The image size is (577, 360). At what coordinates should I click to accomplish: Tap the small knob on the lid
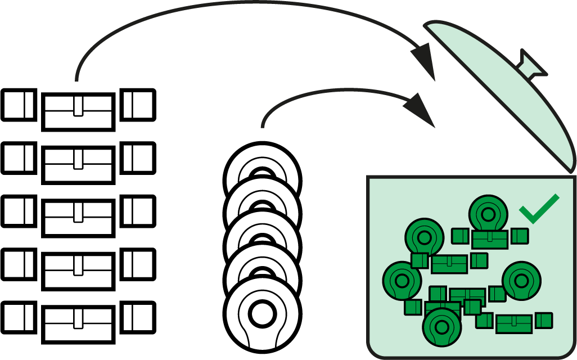pyautogui.click(x=531, y=64)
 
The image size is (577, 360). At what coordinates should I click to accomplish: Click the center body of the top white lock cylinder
pyautogui.click(x=79, y=110)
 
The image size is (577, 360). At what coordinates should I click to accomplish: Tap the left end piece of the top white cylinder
pyautogui.click(x=19, y=105)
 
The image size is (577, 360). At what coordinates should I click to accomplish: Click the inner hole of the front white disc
pyautogui.click(x=261, y=316)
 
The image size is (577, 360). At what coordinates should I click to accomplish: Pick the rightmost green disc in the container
pyautogui.click(x=521, y=280)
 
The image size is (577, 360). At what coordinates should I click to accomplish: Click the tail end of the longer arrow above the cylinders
pyautogui.click(x=77, y=79)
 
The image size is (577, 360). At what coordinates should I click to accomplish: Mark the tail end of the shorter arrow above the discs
pyautogui.click(x=263, y=125)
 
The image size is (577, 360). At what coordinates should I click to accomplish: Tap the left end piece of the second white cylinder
pyautogui.click(x=19, y=158)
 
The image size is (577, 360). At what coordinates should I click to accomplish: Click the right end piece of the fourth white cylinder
pyautogui.click(x=138, y=264)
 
